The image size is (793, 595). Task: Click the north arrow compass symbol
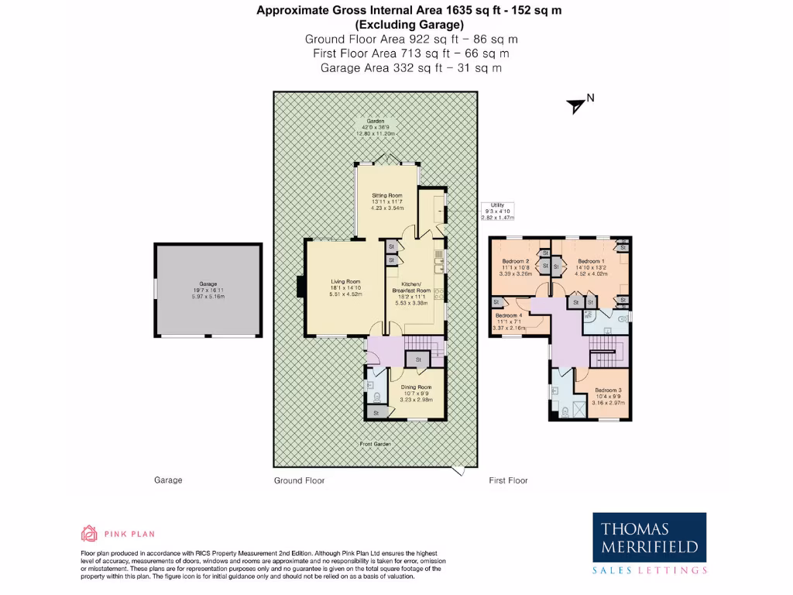[x=576, y=105]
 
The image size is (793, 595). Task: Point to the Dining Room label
[x=416, y=392]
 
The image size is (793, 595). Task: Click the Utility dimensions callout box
[x=496, y=212]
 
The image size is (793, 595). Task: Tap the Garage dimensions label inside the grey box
[x=208, y=290]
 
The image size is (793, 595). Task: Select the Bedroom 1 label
[x=590, y=267]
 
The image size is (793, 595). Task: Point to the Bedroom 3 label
[x=608, y=396]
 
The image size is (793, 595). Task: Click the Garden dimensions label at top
[x=376, y=128]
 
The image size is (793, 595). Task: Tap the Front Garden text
[x=375, y=444]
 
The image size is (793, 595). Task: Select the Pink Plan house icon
[x=89, y=533]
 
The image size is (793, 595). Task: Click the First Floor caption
[x=508, y=480]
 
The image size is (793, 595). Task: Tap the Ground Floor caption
[x=299, y=480]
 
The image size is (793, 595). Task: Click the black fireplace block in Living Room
[x=300, y=286]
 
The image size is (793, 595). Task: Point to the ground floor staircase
[x=423, y=346]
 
